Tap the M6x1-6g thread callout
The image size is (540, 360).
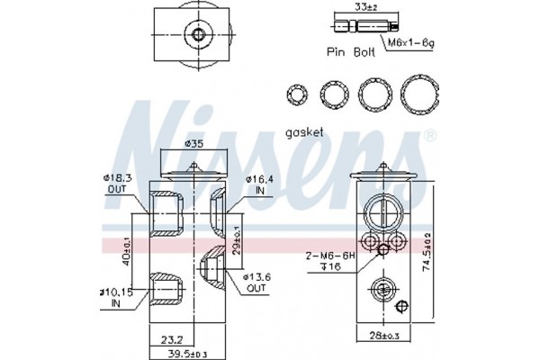pos(411,42)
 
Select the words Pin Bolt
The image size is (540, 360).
pos(351,52)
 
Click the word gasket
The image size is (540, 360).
pos(304,132)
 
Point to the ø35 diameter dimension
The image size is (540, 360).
pos(193,144)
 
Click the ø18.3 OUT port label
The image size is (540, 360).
pos(117,184)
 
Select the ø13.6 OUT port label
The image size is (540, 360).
pos(256,282)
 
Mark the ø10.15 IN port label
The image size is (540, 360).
pos(116,298)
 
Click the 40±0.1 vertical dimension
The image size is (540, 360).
pos(126,251)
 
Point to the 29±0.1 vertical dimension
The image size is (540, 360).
pos(237,240)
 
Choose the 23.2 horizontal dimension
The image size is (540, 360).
pos(172,340)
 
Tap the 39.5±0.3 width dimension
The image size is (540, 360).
pos(186,354)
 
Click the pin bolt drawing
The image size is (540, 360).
pos(366,26)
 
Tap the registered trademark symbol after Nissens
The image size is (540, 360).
pos(430,136)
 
